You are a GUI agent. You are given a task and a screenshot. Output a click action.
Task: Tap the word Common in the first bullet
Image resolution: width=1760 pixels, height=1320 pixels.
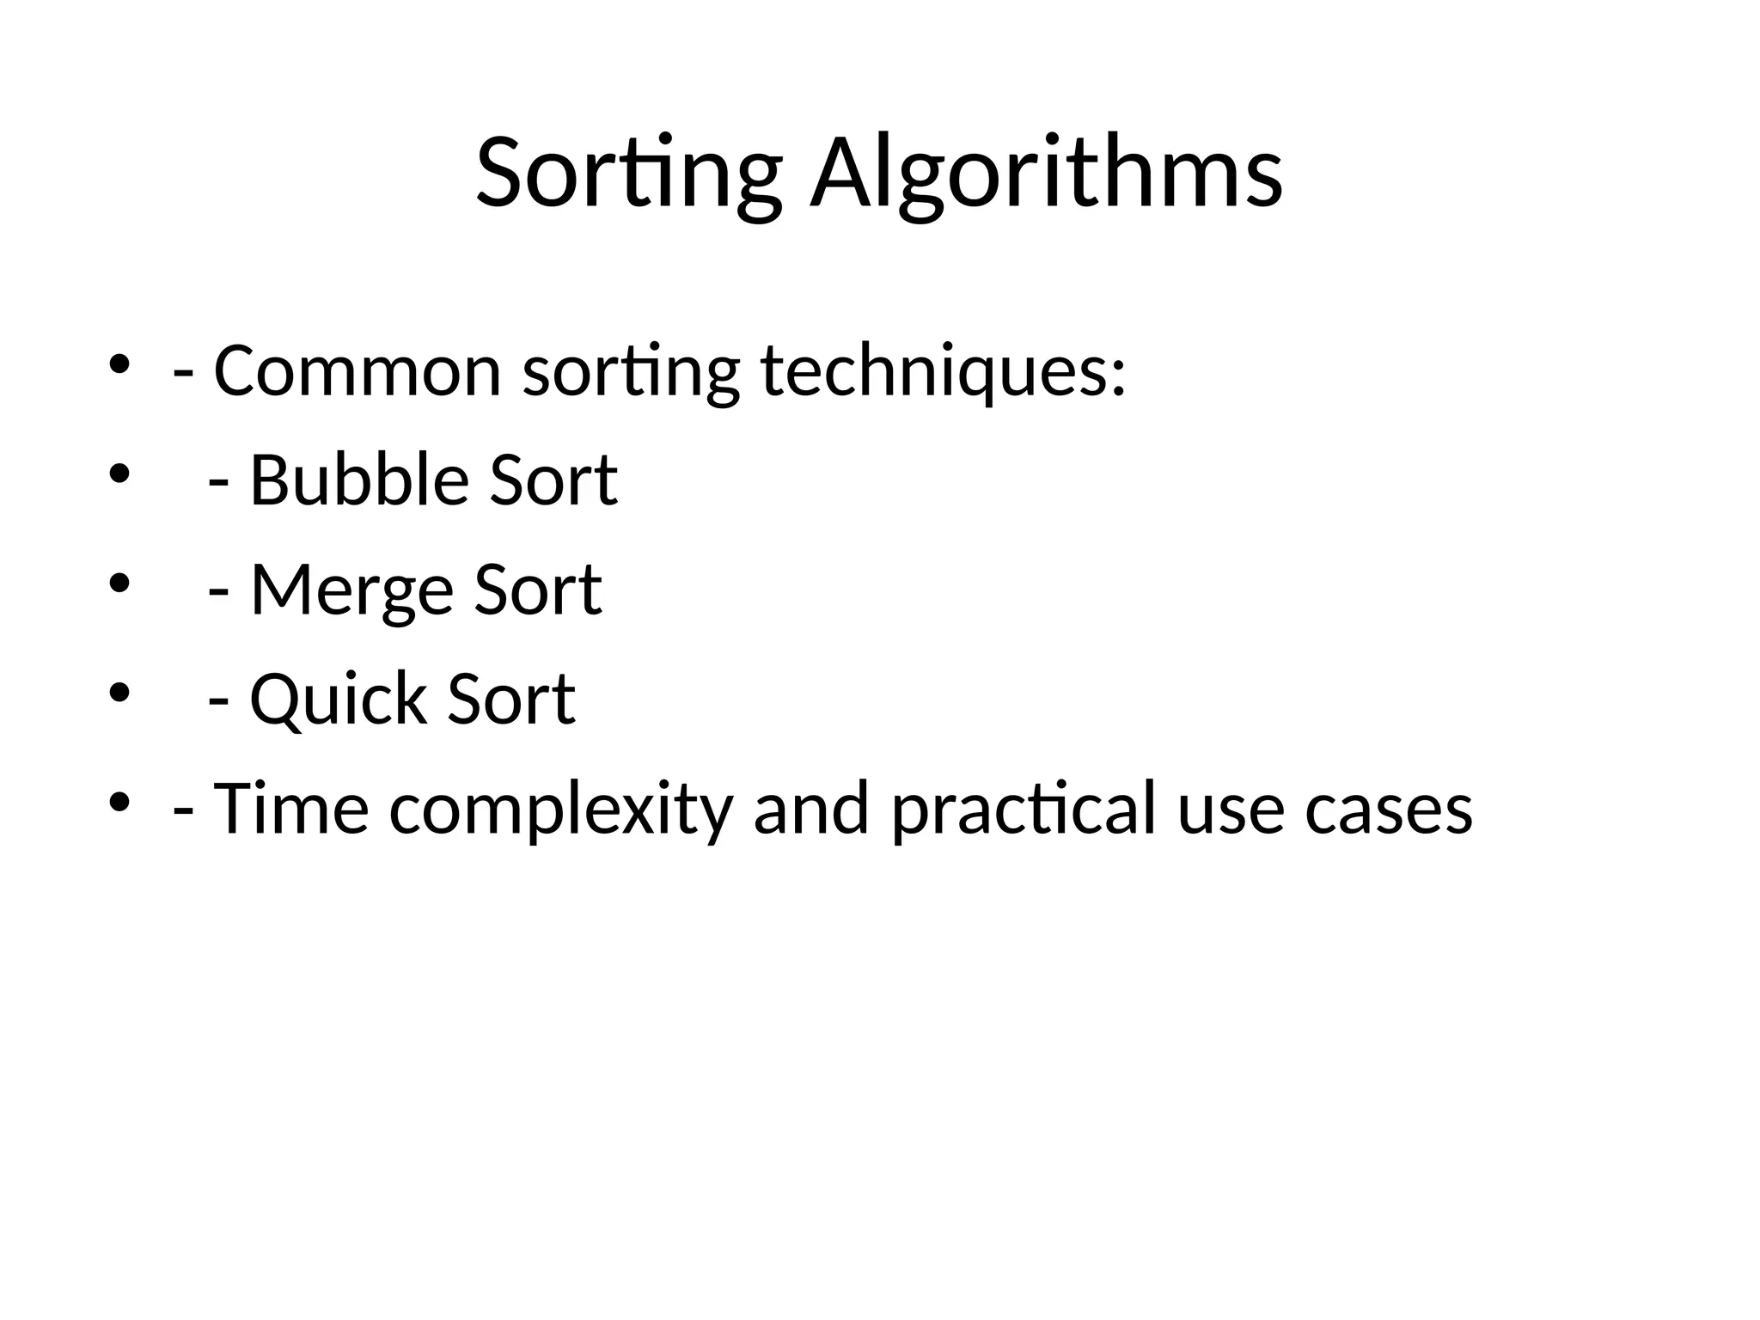tap(357, 371)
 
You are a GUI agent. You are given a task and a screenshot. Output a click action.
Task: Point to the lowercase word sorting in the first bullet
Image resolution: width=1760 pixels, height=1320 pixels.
tap(631, 371)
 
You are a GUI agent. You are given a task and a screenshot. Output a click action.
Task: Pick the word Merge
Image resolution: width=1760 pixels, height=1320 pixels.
tap(351, 590)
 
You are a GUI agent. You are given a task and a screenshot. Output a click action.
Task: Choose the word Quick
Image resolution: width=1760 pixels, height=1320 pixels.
tap(338, 700)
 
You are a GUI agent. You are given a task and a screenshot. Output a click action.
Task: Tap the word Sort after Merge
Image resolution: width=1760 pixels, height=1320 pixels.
tap(538, 590)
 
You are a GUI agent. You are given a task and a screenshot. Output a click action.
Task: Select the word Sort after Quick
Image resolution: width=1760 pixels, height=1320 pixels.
tap(511, 700)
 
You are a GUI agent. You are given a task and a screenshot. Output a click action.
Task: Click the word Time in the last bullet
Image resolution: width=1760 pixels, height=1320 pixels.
tap(290, 809)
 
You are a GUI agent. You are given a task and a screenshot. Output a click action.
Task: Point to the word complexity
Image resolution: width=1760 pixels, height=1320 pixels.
tap(560, 809)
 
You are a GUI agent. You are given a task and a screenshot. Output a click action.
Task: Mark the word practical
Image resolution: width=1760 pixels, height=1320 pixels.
tap(1024, 809)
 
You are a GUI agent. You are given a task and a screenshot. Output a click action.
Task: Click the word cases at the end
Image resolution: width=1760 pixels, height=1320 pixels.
tap(1388, 809)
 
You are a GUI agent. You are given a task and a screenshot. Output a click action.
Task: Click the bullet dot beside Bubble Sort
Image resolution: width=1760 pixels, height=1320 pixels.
tap(119, 474)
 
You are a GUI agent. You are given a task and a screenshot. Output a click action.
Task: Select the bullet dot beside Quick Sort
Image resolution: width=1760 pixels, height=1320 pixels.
tap(119, 693)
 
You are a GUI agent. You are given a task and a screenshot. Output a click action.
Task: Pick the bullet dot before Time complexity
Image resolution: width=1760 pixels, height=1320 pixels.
tap(119, 802)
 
